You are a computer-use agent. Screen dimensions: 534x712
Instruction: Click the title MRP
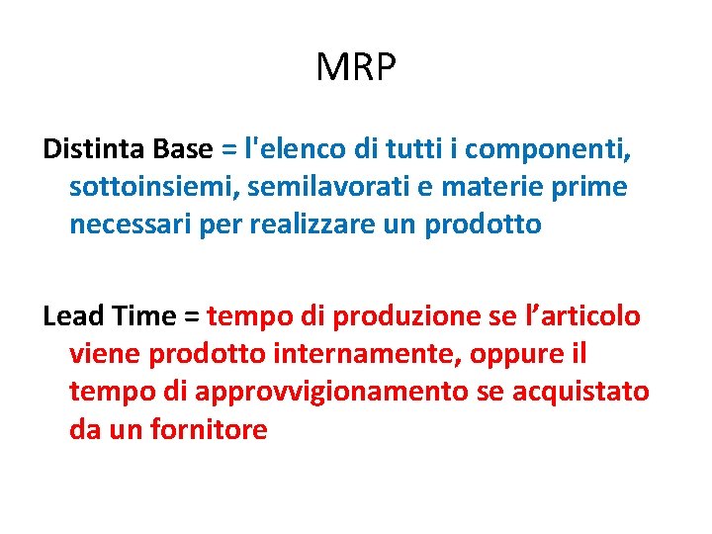click(356, 68)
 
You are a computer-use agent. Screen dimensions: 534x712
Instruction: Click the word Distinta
click(95, 149)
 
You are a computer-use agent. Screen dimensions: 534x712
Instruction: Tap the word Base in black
click(183, 149)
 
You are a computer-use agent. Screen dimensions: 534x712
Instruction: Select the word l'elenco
click(294, 149)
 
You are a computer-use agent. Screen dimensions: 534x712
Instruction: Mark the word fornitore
click(209, 429)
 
